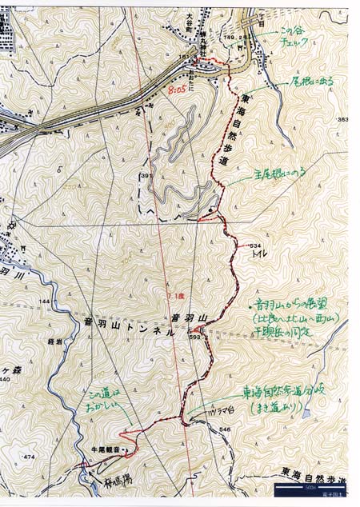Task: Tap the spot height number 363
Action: pos(343,120)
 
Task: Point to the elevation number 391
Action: pos(146,176)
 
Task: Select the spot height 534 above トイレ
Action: pos(255,245)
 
